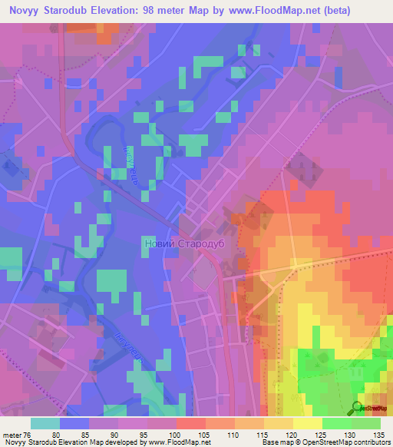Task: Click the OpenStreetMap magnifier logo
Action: tap(358, 409)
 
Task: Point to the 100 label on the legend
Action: tap(177, 434)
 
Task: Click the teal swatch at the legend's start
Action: tap(45, 423)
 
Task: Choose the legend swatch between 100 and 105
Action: tap(191, 423)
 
